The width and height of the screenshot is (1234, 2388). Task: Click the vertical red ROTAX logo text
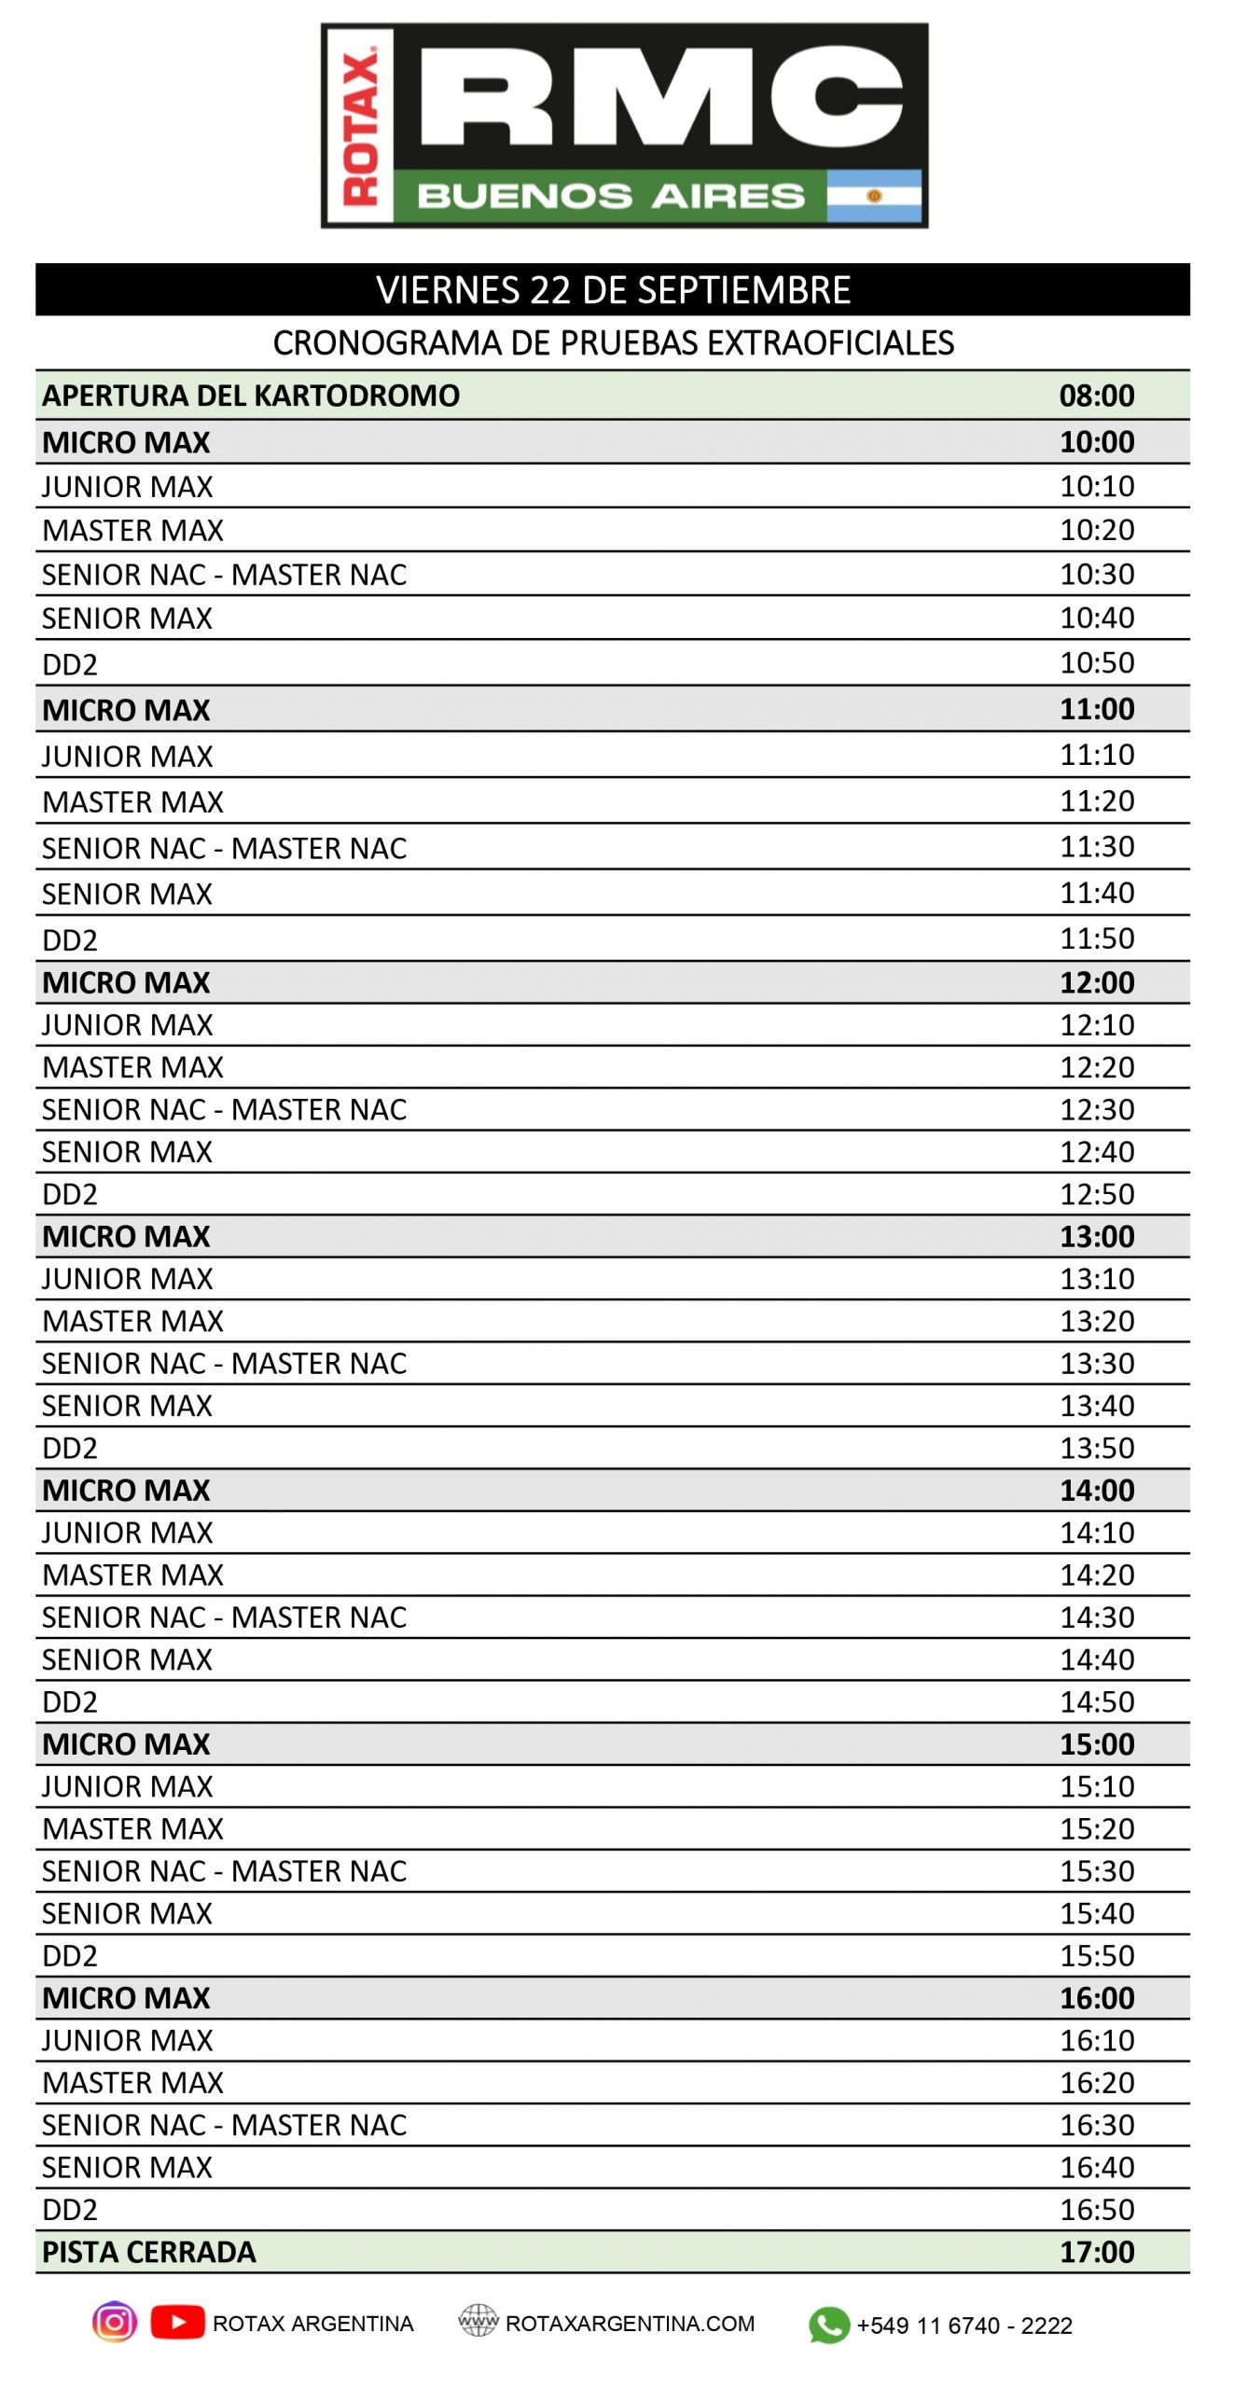pyautogui.click(x=359, y=127)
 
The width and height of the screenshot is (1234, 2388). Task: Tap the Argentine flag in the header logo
pyautogui.click(x=873, y=196)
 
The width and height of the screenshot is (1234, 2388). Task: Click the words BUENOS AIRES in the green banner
pyautogui.click(x=610, y=196)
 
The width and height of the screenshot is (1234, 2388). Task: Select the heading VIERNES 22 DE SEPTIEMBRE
pyautogui.click(x=613, y=290)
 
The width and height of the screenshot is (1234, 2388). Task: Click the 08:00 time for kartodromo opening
pyautogui.click(x=1096, y=396)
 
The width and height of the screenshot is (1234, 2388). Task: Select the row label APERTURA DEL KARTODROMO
pyautogui.click(x=251, y=396)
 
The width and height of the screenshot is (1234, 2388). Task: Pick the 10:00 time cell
pyautogui.click(x=1096, y=442)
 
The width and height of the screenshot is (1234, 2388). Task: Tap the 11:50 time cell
pyautogui.click(x=1096, y=938)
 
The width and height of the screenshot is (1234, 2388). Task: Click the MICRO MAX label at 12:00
pyautogui.click(x=126, y=982)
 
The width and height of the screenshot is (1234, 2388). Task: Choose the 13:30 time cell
pyautogui.click(x=1096, y=1364)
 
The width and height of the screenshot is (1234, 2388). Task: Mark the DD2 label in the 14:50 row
pyautogui.click(x=70, y=1702)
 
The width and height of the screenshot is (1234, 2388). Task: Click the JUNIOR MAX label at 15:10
pyautogui.click(x=128, y=1786)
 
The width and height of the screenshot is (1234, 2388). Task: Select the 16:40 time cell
pyautogui.click(x=1096, y=2167)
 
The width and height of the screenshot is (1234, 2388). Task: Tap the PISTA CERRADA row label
pyautogui.click(x=149, y=2252)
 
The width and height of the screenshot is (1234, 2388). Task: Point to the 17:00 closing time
pyautogui.click(x=1096, y=2252)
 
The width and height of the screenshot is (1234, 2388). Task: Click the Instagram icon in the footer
pyautogui.click(x=115, y=2322)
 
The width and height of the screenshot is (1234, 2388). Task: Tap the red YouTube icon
pyautogui.click(x=177, y=2322)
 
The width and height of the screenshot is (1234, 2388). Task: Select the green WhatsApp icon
pyautogui.click(x=828, y=2325)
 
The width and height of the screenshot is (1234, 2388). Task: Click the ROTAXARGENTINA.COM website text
pyautogui.click(x=630, y=2324)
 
